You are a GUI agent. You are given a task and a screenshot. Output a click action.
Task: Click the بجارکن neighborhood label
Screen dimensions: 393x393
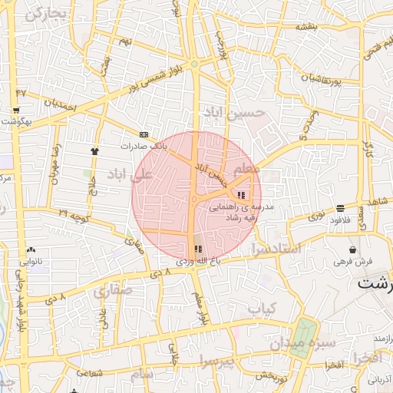41,15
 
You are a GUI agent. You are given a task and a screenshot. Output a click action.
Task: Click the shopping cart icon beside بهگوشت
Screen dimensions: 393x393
16,111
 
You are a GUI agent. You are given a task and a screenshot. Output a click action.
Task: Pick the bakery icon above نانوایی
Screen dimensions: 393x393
31,250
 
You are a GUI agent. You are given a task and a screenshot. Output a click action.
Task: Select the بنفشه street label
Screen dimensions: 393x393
306,26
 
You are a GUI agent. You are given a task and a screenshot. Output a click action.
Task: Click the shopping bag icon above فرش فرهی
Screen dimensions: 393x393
352,249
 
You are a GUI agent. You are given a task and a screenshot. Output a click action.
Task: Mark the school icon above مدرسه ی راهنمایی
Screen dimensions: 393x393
243,193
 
